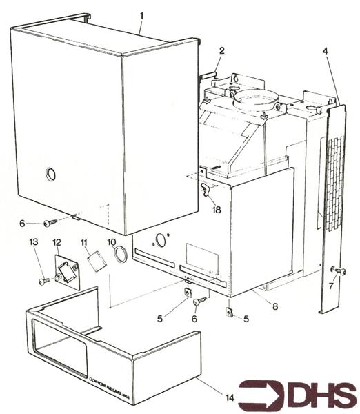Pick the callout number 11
(84, 244)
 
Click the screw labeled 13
(43, 281)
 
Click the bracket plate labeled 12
(66, 271)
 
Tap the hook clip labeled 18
(204, 188)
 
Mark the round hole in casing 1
(49, 175)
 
